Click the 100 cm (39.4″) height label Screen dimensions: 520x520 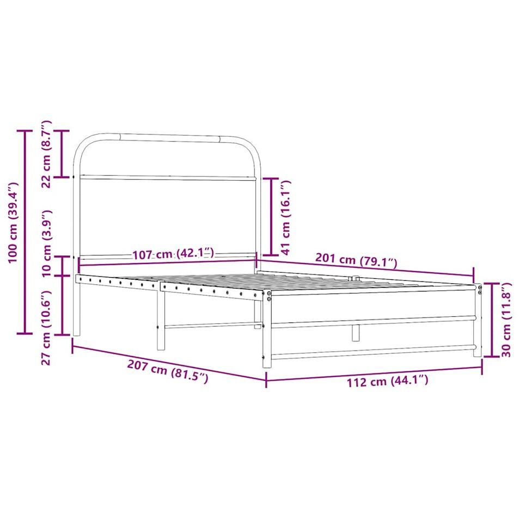(13, 223)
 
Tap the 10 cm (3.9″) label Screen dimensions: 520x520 (46, 243)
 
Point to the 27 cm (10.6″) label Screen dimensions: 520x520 (46, 328)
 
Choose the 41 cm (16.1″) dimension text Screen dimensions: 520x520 (285, 218)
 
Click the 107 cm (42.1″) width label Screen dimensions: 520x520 (173, 254)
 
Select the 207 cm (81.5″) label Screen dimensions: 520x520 (168, 371)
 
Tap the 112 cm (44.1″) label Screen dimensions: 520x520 (387, 381)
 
